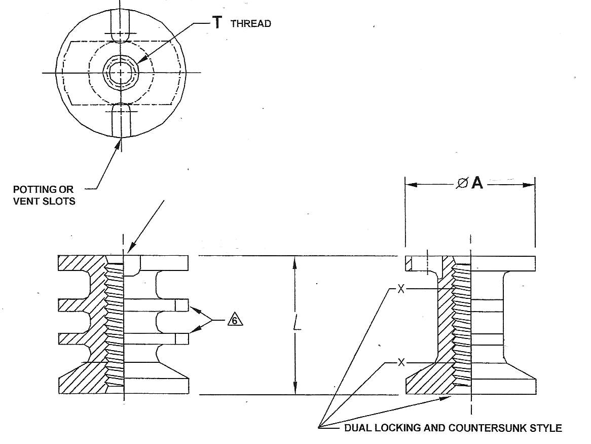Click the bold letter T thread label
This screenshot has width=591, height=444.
click(216, 22)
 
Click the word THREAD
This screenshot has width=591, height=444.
click(250, 23)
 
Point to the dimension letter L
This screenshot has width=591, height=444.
click(298, 325)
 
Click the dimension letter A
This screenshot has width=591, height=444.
click(477, 184)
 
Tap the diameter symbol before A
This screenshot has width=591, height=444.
click(462, 184)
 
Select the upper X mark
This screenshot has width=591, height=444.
click(401, 289)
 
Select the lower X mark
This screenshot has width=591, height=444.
click(401, 362)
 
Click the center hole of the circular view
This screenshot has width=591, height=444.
click(121, 73)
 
